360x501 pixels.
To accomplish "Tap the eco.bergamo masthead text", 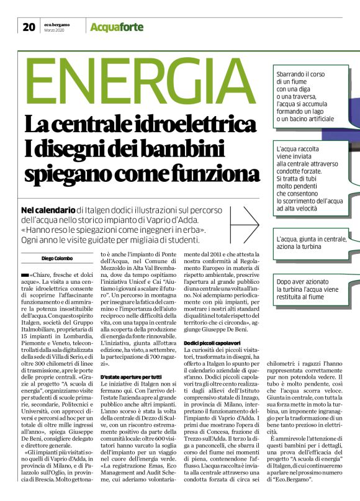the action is click(56, 24).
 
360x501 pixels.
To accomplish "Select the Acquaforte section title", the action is click(117, 27).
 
